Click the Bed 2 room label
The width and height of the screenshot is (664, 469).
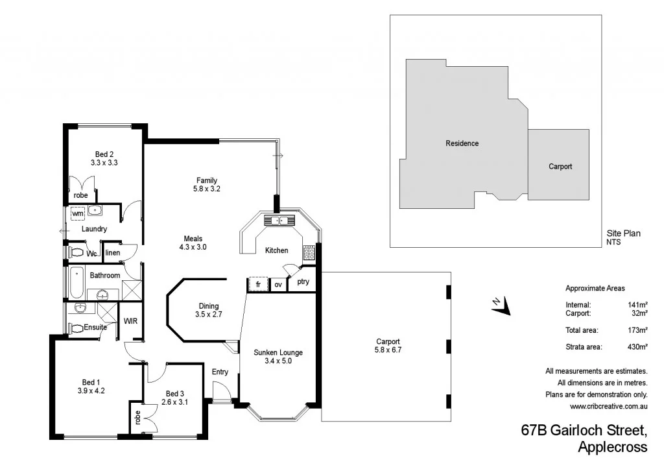click(x=104, y=154)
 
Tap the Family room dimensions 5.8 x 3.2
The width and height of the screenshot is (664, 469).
click(x=207, y=189)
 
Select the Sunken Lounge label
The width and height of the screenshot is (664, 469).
click(x=279, y=352)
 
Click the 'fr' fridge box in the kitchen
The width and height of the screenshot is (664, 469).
click(x=257, y=284)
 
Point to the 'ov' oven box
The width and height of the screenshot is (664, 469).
click(x=278, y=284)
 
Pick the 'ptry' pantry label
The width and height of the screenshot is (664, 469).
click(x=303, y=282)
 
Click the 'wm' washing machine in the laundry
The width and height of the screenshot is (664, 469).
click(x=78, y=213)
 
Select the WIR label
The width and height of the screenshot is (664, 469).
click(x=131, y=321)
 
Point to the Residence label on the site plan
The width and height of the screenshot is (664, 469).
click(x=462, y=143)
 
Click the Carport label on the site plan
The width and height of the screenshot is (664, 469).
click(x=560, y=166)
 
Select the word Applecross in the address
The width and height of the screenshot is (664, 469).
click(x=611, y=447)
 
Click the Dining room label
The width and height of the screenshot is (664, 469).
click(x=209, y=306)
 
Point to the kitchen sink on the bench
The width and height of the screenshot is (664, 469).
click(x=283, y=221)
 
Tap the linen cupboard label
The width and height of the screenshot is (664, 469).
click(x=112, y=253)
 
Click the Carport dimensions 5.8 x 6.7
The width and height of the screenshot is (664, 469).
click(x=387, y=350)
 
